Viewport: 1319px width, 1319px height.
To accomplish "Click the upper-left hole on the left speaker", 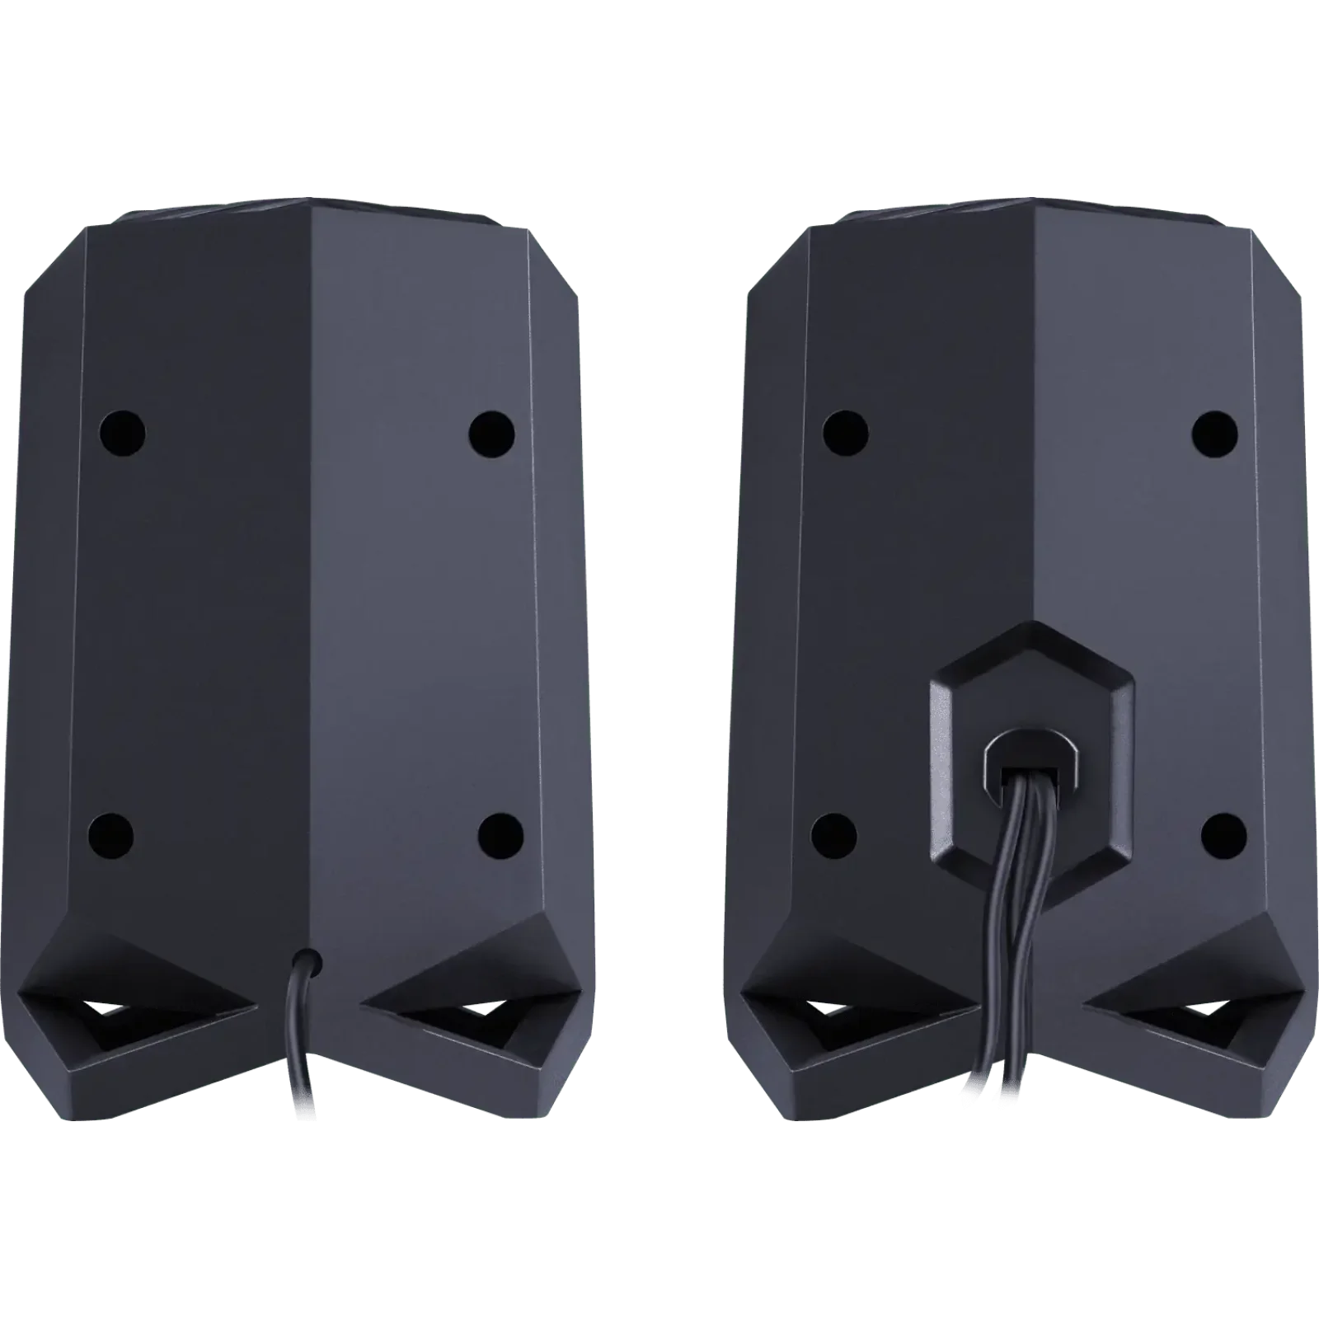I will tap(123, 431).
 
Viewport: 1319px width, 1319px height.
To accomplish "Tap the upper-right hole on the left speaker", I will tap(491, 431).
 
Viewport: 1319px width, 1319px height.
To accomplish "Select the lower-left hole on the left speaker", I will tap(111, 832).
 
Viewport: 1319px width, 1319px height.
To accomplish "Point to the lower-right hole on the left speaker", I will tap(501, 832).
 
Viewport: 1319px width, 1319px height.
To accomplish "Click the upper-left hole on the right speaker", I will tap(846, 431).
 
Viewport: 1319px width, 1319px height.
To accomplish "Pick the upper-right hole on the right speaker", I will tap(1215, 431).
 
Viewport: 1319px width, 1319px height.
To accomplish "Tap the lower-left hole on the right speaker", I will tap(833, 833).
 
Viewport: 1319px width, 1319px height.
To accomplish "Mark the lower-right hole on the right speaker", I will tap(1223, 833).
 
